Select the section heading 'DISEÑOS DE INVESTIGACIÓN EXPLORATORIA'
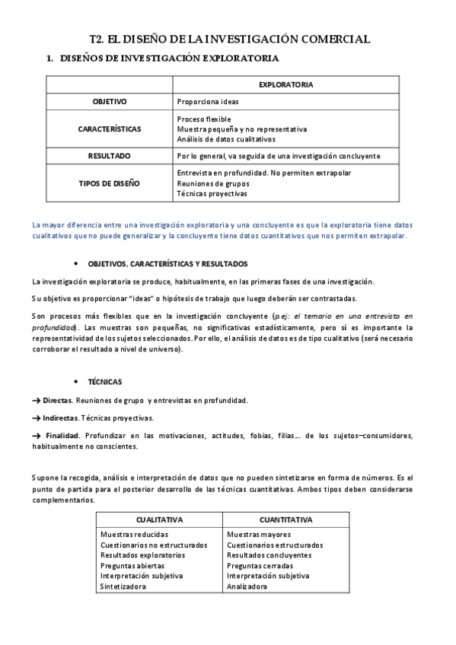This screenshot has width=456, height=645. pos(168,58)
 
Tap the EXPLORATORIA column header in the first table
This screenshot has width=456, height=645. pos(285,84)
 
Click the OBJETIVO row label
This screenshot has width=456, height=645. pos(110,101)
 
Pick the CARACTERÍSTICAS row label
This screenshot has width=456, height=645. pos(110,129)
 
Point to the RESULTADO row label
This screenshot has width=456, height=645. pos(110,156)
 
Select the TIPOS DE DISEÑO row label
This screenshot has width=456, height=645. pos(110,183)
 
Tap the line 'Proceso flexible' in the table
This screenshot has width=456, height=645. pos(203,119)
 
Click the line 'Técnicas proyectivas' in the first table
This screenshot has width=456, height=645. pos(212,193)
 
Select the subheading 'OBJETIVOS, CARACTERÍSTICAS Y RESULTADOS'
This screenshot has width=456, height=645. pos(168,264)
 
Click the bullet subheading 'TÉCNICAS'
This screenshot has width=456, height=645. pos(105,381)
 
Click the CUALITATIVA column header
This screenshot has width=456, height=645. pos(158,520)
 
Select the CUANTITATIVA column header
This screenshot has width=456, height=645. pos(285,520)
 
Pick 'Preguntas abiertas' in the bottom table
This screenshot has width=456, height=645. pos(132,566)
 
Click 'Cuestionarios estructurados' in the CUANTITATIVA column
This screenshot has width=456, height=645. pos(275,545)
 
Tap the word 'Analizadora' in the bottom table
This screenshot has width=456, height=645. pos(247,586)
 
